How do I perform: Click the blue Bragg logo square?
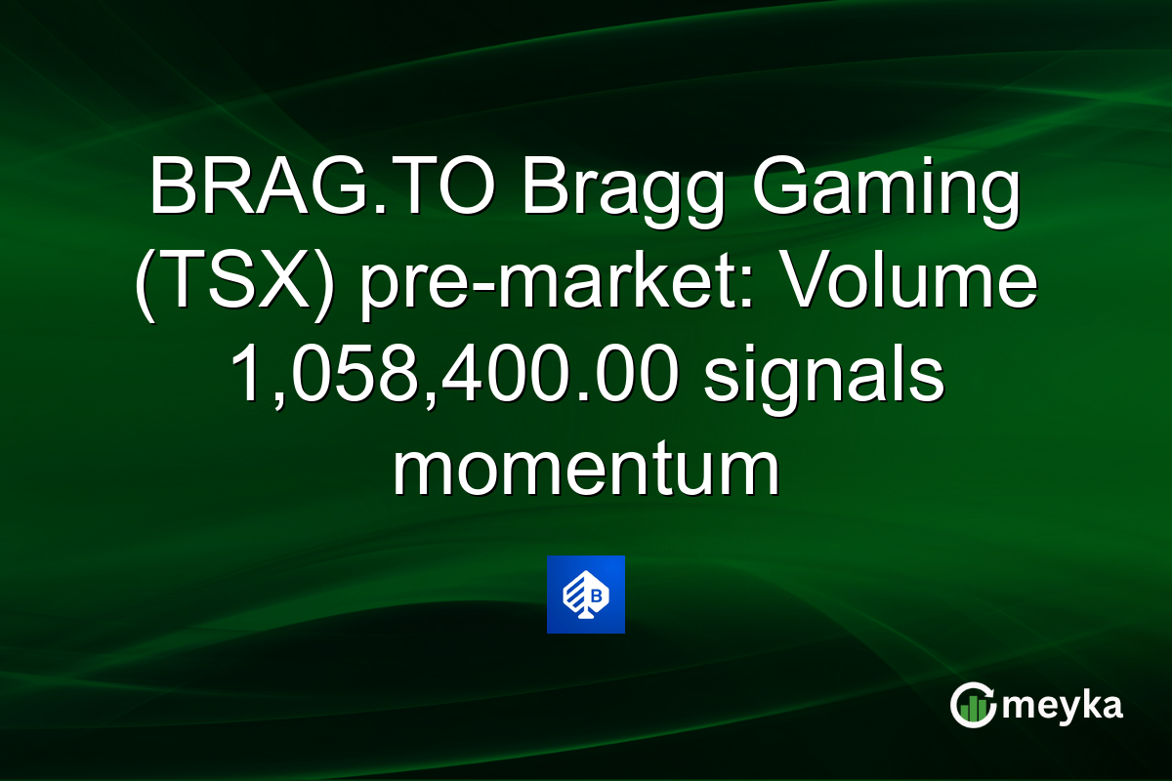point(586,595)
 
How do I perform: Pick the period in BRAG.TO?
point(369,209)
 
